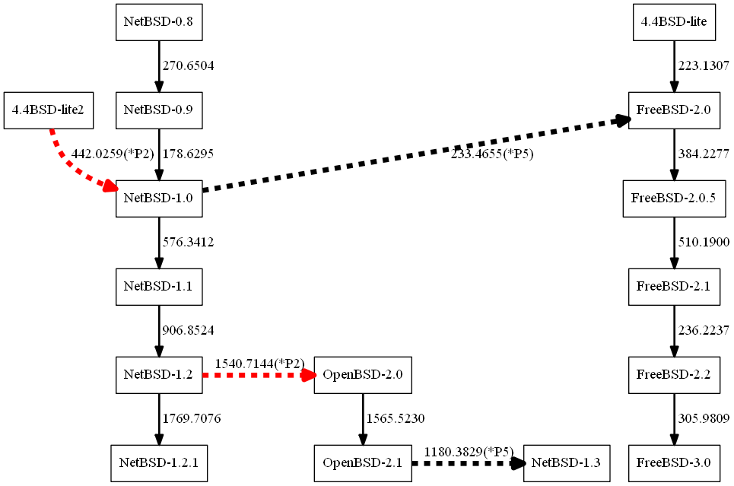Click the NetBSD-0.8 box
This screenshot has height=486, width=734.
click(x=158, y=22)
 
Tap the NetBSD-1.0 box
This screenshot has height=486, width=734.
click(x=158, y=198)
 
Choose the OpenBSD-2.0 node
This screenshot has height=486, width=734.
click(x=363, y=374)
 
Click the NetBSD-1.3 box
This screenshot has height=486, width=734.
click(x=567, y=462)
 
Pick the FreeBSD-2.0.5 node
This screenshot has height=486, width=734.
click(x=673, y=199)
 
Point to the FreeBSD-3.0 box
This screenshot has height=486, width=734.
click(x=673, y=462)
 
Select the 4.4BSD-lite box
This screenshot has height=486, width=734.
click(x=674, y=22)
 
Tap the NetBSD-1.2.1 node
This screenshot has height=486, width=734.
click(x=158, y=462)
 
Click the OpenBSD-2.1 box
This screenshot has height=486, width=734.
click(x=363, y=462)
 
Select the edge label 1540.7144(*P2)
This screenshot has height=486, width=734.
click(x=259, y=364)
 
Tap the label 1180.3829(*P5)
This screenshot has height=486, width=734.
click(x=468, y=452)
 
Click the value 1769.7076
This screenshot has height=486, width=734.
click(x=192, y=418)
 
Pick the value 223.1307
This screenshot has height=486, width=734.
click(x=704, y=66)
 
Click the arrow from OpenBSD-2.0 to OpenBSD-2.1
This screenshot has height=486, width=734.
click(x=363, y=418)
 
